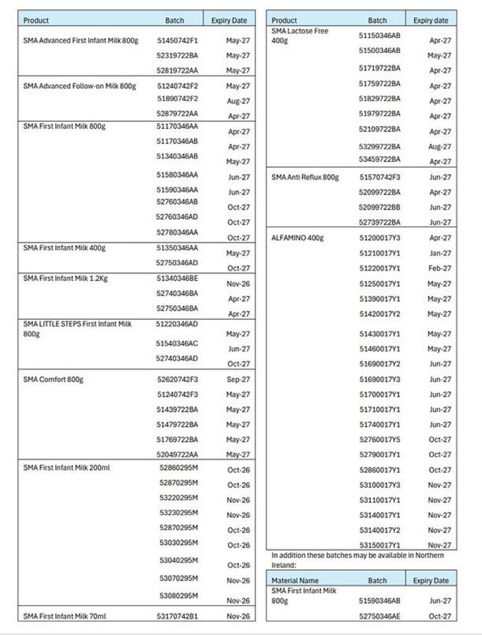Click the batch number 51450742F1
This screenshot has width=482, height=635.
coord(177,41)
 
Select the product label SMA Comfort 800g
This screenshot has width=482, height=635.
coord(53,379)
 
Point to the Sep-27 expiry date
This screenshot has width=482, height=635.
coord(238,379)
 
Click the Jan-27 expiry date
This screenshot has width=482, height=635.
coord(440,253)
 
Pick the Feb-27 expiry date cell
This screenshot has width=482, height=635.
coord(440,269)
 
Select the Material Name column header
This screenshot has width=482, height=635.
coord(295,581)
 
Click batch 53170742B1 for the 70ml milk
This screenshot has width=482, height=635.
coord(177,616)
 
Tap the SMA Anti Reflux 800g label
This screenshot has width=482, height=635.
coord(305,177)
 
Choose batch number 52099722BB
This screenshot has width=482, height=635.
coord(379,207)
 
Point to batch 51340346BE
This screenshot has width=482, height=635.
coord(177,278)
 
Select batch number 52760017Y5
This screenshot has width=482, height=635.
coord(379,439)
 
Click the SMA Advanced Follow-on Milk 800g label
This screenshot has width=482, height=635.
coord(79,86)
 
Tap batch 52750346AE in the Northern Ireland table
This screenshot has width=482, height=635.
coord(379,616)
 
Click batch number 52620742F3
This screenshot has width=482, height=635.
coord(177,379)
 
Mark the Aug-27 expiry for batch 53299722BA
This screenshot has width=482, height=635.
coord(439,147)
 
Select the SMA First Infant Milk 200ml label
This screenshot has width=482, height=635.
coord(66,468)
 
